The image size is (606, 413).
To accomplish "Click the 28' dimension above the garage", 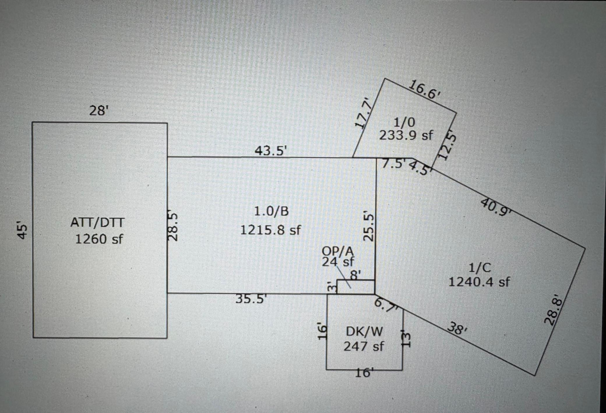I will tap(99, 111).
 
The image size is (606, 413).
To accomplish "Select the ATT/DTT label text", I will tap(97, 223).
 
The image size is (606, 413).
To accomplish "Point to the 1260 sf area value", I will tap(99, 239).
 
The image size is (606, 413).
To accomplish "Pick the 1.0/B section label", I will tap(271, 211).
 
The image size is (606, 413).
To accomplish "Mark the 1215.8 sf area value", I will tap(270, 230).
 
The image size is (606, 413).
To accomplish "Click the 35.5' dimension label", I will tap(251, 299).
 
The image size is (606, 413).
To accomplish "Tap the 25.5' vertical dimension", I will tap(369, 227).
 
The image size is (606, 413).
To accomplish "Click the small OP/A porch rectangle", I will tap(356, 287).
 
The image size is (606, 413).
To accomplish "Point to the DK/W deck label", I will tap(364, 332).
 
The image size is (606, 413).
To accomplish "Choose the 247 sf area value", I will tap(364, 347).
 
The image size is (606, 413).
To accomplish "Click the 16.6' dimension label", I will tap(424, 89).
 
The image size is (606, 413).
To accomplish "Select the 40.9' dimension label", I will tap(496, 207).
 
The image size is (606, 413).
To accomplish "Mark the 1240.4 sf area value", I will tap(479, 282).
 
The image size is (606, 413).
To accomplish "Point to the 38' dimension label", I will tap(457, 328).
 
